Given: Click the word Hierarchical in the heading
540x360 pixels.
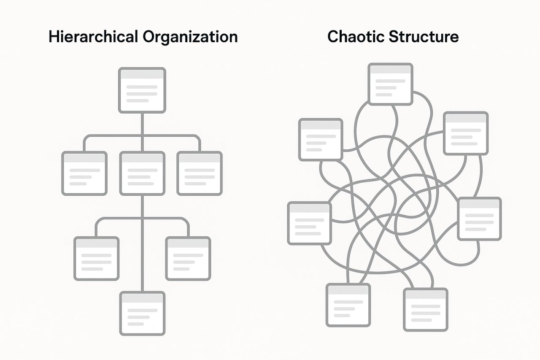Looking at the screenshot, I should [x=93, y=37].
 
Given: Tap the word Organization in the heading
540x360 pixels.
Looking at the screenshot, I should [x=190, y=37].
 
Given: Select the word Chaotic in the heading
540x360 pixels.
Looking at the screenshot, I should [x=356, y=37].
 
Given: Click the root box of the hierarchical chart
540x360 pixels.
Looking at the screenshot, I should [x=142, y=90].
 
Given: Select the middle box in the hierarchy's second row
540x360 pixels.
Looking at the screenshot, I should [x=142, y=173].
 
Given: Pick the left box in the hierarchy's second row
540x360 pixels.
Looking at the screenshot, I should [x=84, y=173].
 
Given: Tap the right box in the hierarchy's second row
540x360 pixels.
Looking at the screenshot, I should [x=200, y=173].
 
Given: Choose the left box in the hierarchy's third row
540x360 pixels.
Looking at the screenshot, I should [x=97, y=259].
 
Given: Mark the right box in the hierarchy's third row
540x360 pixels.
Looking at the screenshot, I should [x=188, y=259].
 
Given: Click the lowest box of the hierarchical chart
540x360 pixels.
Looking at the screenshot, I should [x=142, y=314].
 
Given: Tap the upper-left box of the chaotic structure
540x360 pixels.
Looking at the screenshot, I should [x=321, y=140].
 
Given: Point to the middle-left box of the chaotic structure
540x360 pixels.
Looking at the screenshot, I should [x=310, y=223].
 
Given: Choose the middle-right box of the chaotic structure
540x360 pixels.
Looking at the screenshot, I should [x=480, y=219].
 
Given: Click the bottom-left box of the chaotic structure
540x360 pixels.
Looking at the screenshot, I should [x=348, y=305].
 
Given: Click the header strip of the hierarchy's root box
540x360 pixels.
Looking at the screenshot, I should [x=142, y=74].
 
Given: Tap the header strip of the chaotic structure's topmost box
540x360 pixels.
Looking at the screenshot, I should [x=390, y=69].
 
